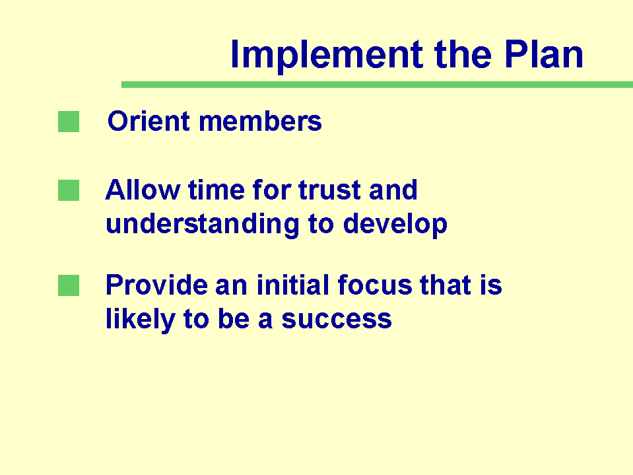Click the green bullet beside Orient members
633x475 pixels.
pyautogui.click(x=69, y=122)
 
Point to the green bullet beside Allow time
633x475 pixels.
pyautogui.click(x=69, y=190)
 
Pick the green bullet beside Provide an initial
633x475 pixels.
pyautogui.click(x=69, y=285)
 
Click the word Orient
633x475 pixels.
pyautogui.click(x=149, y=121)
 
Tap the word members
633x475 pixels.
pyautogui.click(x=260, y=121)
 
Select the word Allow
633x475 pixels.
pyautogui.click(x=143, y=190)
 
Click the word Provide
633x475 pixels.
pyautogui.click(x=156, y=285)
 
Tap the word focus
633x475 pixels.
pyautogui.click(x=375, y=285)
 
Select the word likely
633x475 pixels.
pyautogui.click(x=141, y=320)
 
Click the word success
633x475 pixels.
pyautogui.click(x=337, y=320)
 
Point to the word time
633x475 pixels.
pyautogui.click(x=217, y=190)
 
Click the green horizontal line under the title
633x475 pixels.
pyautogui.click(x=377, y=85)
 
